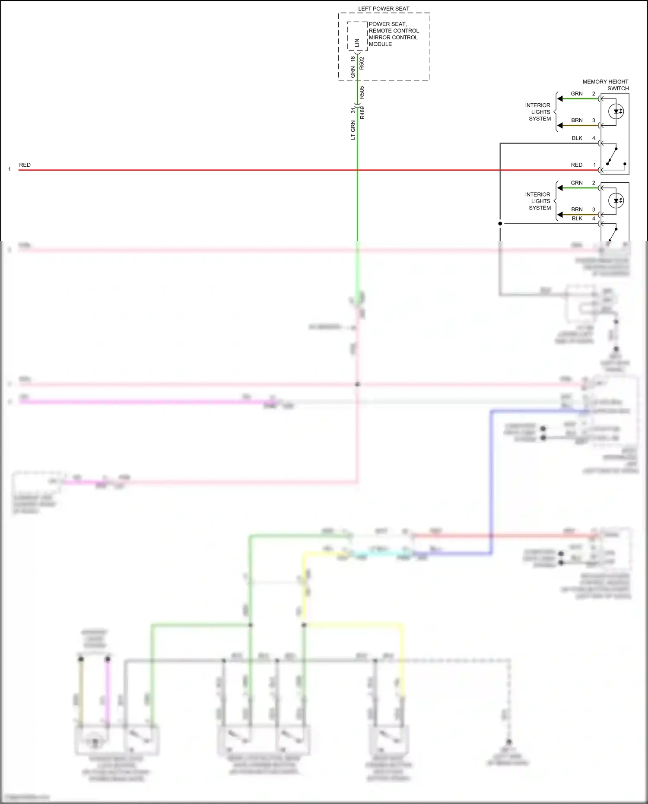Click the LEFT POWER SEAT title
tap(384, 9)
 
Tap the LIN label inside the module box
tap(357, 42)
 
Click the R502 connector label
tap(362, 63)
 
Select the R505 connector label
tap(362, 92)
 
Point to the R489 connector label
tap(362, 113)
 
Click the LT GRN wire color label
tap(353, 130)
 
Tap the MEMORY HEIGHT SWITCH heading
tap(606, 85)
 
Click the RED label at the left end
tap(25, 165)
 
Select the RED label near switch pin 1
tap(576, 165)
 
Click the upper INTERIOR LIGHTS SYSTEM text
tap(538, 112)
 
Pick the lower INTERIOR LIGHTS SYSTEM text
tap(538, 201)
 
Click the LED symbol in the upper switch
tap(616, 111)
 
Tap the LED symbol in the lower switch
tap(616, 200)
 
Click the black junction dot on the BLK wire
tap(500, 223)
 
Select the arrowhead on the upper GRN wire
tap(560, 99)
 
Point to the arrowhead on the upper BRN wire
tap(560, 126)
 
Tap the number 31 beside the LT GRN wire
tap(353, 111)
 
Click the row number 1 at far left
tap(10, 169)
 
